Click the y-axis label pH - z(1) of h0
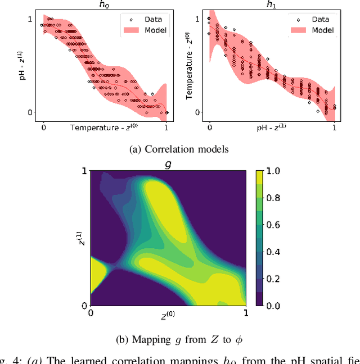tap(22, 66)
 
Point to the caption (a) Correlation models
tap(179, 149)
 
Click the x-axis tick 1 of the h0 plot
tap(166, 128)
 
